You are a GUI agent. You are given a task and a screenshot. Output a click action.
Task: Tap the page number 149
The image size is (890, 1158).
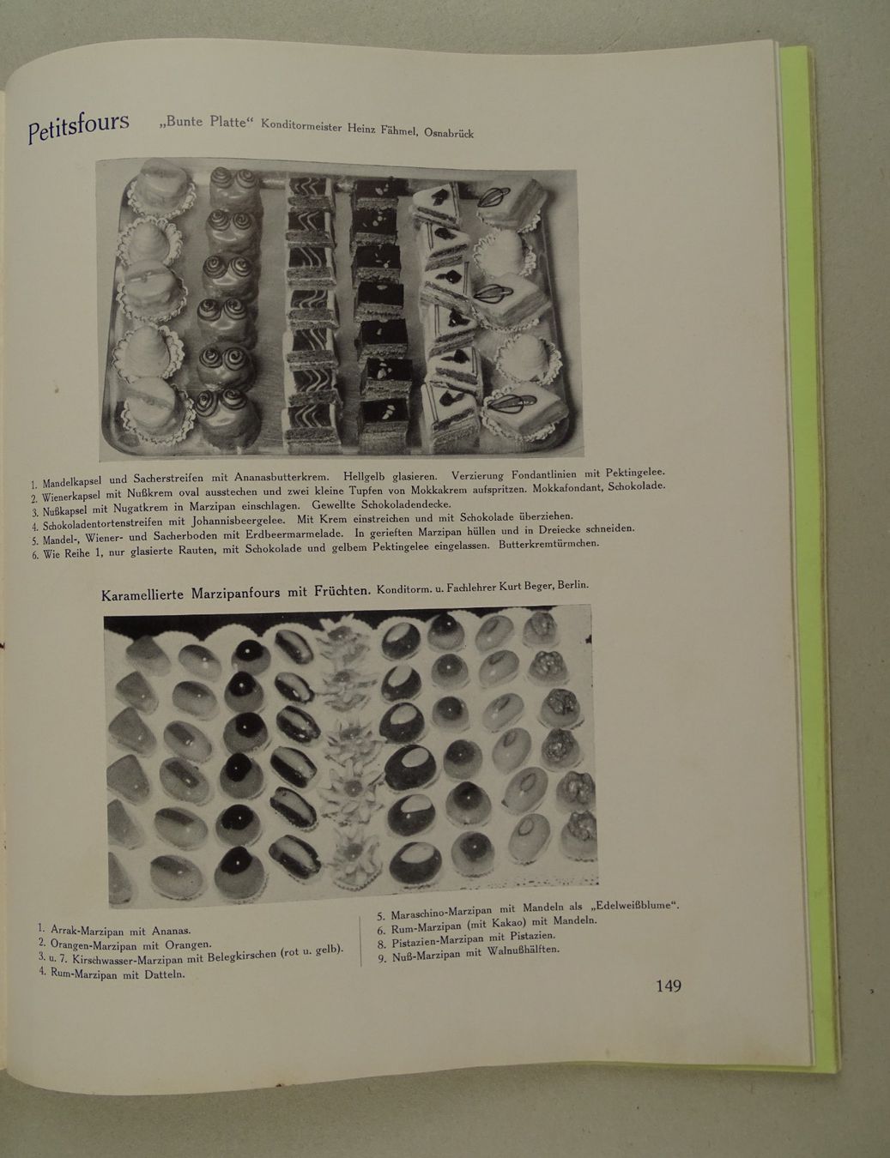tap(669, 986)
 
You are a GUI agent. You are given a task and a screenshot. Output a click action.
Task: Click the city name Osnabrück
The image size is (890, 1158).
tap(449, 133)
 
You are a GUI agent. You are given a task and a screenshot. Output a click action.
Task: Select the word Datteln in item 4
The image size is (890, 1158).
tap(164, 974)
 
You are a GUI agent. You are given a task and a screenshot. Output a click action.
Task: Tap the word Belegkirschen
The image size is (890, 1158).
tap(243, 955)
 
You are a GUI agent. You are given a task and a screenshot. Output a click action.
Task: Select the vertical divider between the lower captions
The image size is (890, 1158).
tap(360, 941)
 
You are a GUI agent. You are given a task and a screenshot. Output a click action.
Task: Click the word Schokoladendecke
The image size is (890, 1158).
tap(406, 504)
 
